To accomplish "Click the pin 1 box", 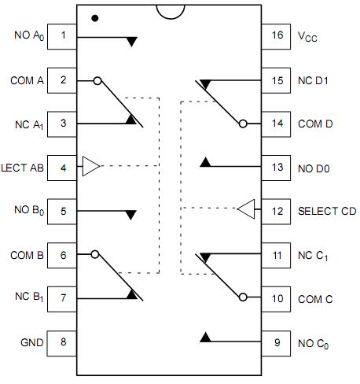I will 62,35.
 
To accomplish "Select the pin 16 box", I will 277,35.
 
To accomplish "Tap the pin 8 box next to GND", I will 62,342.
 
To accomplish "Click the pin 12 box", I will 277,210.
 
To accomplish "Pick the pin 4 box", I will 62,167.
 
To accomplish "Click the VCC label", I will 309,36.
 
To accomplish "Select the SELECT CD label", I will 327,211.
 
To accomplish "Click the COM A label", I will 28,79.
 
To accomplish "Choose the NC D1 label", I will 314,79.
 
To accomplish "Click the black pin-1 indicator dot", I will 95,17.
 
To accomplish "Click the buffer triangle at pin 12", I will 246,210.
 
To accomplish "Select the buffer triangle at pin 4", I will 91,167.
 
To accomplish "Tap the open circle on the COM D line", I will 243,124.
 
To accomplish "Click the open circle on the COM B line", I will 95,254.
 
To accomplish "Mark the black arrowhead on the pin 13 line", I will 206,163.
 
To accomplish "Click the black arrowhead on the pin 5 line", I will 131,215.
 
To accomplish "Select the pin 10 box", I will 277,298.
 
